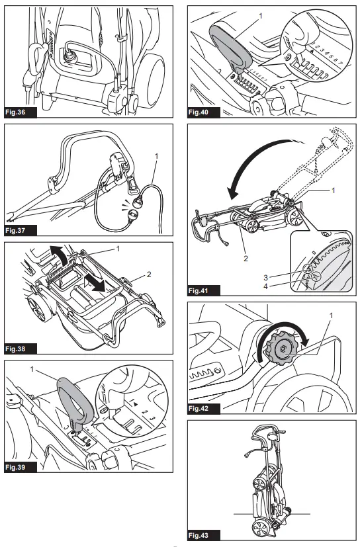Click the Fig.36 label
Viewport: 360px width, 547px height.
point(21,112)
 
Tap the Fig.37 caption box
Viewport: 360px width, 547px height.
point(21,231)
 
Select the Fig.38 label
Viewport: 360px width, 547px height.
point(21,349)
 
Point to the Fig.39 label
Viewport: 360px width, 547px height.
point(21,467)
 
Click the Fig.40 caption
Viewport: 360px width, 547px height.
point(204,112)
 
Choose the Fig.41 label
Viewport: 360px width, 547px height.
point(204,290)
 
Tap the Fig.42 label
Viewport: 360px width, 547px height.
point(204,409)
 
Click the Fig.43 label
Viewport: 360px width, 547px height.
point(204,536)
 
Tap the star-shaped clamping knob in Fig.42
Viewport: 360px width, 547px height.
point(281,348)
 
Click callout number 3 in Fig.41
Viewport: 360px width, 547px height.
point(266,278)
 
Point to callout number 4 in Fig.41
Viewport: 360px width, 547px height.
point(266,286)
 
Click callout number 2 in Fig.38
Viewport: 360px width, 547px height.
point(149,274)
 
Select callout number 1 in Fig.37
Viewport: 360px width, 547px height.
point(156,156)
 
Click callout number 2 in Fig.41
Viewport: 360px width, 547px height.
point(246,259)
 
